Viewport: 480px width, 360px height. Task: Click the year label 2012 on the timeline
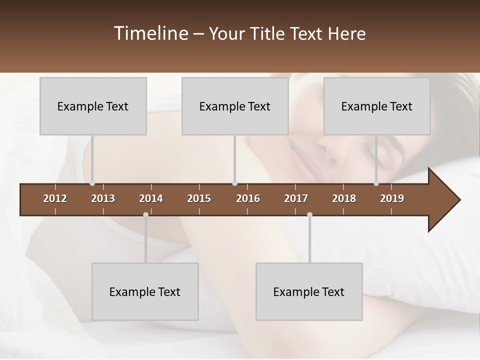pos(55,198)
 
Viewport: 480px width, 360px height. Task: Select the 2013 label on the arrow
pos(103,198)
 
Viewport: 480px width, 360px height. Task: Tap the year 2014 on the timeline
pos(151,198)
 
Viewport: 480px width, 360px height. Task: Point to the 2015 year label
pos(199,198)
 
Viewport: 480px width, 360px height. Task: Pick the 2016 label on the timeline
pos(248,198)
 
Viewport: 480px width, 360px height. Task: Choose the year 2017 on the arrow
pos(296,198)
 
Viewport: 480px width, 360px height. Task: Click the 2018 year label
pos(344,198)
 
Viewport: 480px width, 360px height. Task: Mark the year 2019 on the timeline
pos(392,198)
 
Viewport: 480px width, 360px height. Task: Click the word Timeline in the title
pos(150,33)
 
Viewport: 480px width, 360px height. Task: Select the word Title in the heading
pos(268,33)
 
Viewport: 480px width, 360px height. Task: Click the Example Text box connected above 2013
pos(93,106)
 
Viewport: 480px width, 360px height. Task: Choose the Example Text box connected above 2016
pos(235,106)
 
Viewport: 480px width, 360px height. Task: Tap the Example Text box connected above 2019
pos(377,106)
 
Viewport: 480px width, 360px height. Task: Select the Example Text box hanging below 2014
pos(145,292)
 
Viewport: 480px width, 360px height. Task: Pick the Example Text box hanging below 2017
pos(309,292)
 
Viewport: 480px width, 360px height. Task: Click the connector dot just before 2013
pos(92,183)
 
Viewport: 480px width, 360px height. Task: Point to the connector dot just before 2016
pos(235,183)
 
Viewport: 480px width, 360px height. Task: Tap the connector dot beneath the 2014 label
pos(145,215)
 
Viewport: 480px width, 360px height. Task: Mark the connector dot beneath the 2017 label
pos(309,215)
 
